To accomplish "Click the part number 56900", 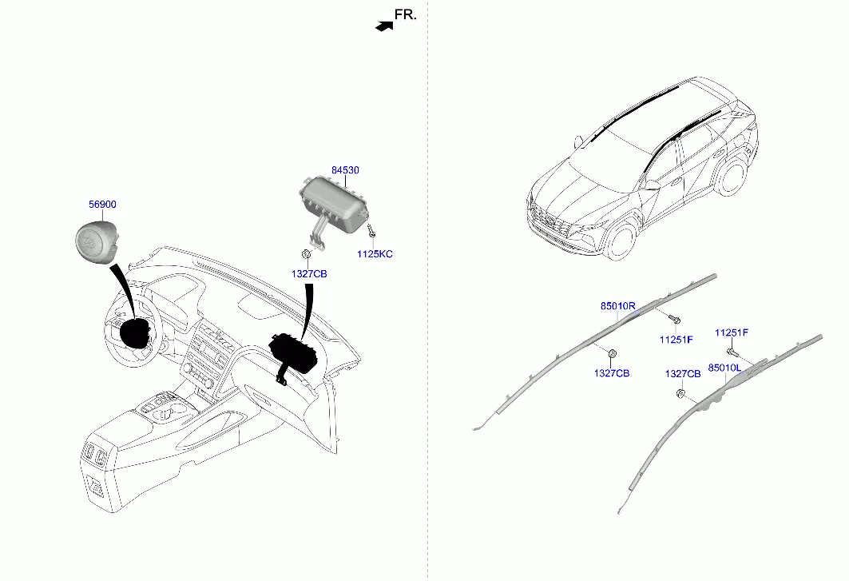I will point(101,205).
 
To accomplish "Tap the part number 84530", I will point(345,170).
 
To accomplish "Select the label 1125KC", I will point(375,254).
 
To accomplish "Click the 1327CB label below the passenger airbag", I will point(309,274).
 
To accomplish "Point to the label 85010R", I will point(617,305).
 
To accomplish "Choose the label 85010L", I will point(724,368).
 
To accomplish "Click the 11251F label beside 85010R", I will point(676,340).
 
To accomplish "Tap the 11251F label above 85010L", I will point(731,332).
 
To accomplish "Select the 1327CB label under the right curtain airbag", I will point(612,373).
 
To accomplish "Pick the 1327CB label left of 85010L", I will point(683,373).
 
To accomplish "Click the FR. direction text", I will point(406,14).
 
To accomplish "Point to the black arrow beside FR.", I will point(386,26).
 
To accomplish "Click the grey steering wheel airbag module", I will point(95,241).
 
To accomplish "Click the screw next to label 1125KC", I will point(371,233).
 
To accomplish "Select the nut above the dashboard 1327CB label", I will point(307,254).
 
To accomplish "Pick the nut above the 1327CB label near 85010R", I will point(613,354).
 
